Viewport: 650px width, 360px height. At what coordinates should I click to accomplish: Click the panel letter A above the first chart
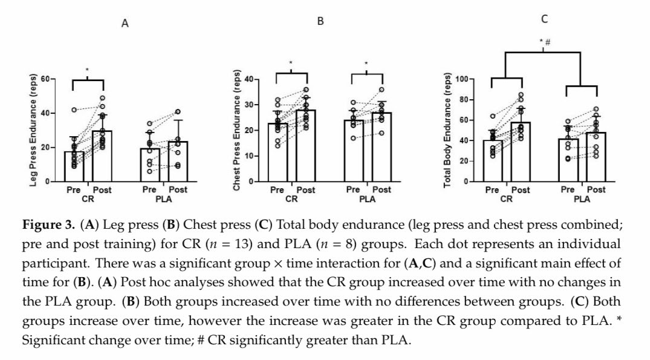pyautogui.click(x=125, y=24)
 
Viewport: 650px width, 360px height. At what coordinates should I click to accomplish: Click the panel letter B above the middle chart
pyautogui.click(x=320, y=21)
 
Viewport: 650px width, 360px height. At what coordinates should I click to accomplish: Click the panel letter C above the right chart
pyautogui.click(x=544, y=19)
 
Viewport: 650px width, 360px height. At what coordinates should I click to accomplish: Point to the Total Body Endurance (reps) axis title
pyautogui.click(x=447, y=130)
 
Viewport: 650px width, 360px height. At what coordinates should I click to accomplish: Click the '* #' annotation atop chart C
pyautogui.click(x=544, y=42)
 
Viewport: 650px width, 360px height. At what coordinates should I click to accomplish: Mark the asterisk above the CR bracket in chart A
pyautogui.click(x=87, y=70)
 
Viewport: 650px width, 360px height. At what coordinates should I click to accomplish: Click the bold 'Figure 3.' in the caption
pyautogui.click(x=50, y=224)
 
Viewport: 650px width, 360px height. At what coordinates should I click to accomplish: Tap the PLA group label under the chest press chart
pyautogui.click(x=367, y=198)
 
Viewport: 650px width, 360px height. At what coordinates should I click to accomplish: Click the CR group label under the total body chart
pyautogui.click(x=507, y=198)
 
